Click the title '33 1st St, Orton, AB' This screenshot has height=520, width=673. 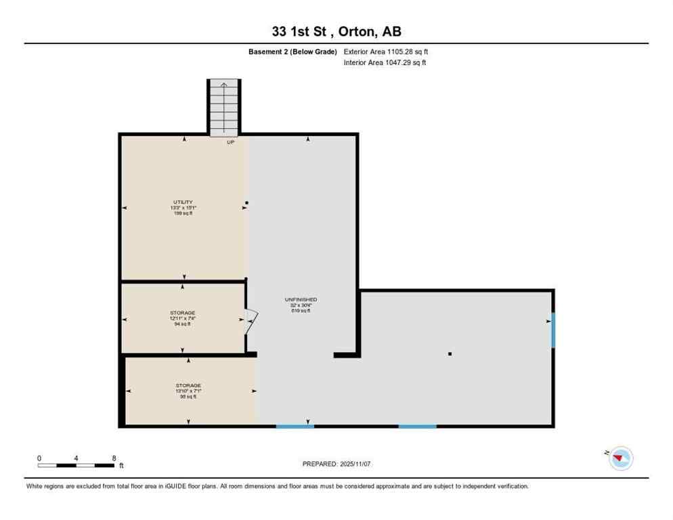(336, 31)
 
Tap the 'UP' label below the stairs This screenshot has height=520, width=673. (230, 142)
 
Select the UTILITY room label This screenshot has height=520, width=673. (183, 202)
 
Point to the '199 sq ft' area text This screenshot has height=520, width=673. (183, 213)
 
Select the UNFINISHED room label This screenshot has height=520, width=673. (301, 299)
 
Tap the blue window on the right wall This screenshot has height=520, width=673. (552, 330)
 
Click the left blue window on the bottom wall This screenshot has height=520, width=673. (295, 426)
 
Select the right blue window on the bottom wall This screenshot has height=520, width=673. (417, 426)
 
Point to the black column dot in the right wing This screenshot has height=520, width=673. (450, 353)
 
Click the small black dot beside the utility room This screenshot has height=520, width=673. (247, 202)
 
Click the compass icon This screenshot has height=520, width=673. (620, 458)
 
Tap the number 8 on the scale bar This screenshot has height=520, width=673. (114, 458)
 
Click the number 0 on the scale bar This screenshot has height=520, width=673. (39, 458)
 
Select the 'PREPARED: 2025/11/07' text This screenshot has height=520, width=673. (336, 464)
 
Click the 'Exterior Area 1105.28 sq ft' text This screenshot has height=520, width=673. (386, 51)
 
